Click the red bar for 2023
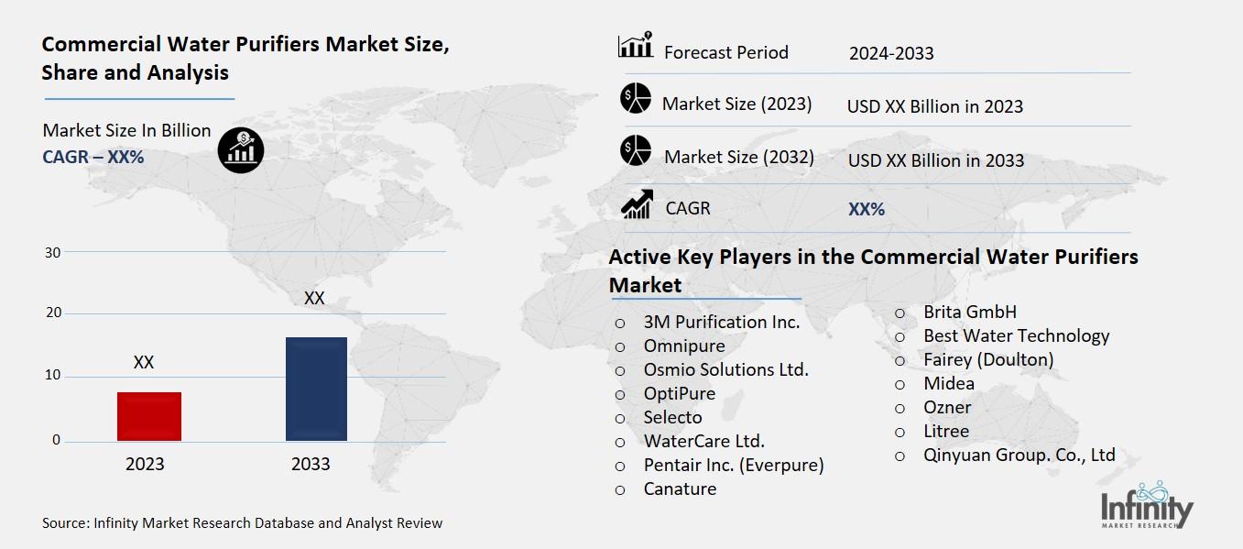coord(149,416)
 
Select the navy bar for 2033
coord(316,389)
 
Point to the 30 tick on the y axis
coord(52,252)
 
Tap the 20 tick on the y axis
coord(52,313)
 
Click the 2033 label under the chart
coord(311,464)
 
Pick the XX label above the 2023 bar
coord(143,363)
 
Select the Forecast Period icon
coord(635,46)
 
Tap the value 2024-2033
coord(891,53)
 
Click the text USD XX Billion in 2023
coord(934,106)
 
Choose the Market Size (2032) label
coord(738,157)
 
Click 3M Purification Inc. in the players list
coord(722,322)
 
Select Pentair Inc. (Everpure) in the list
coord(734,465)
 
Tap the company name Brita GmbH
coord(970,312)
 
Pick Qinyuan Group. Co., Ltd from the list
coord(1019,455)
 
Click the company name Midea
coord(949,383)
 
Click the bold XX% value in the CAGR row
coord(867,209)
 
